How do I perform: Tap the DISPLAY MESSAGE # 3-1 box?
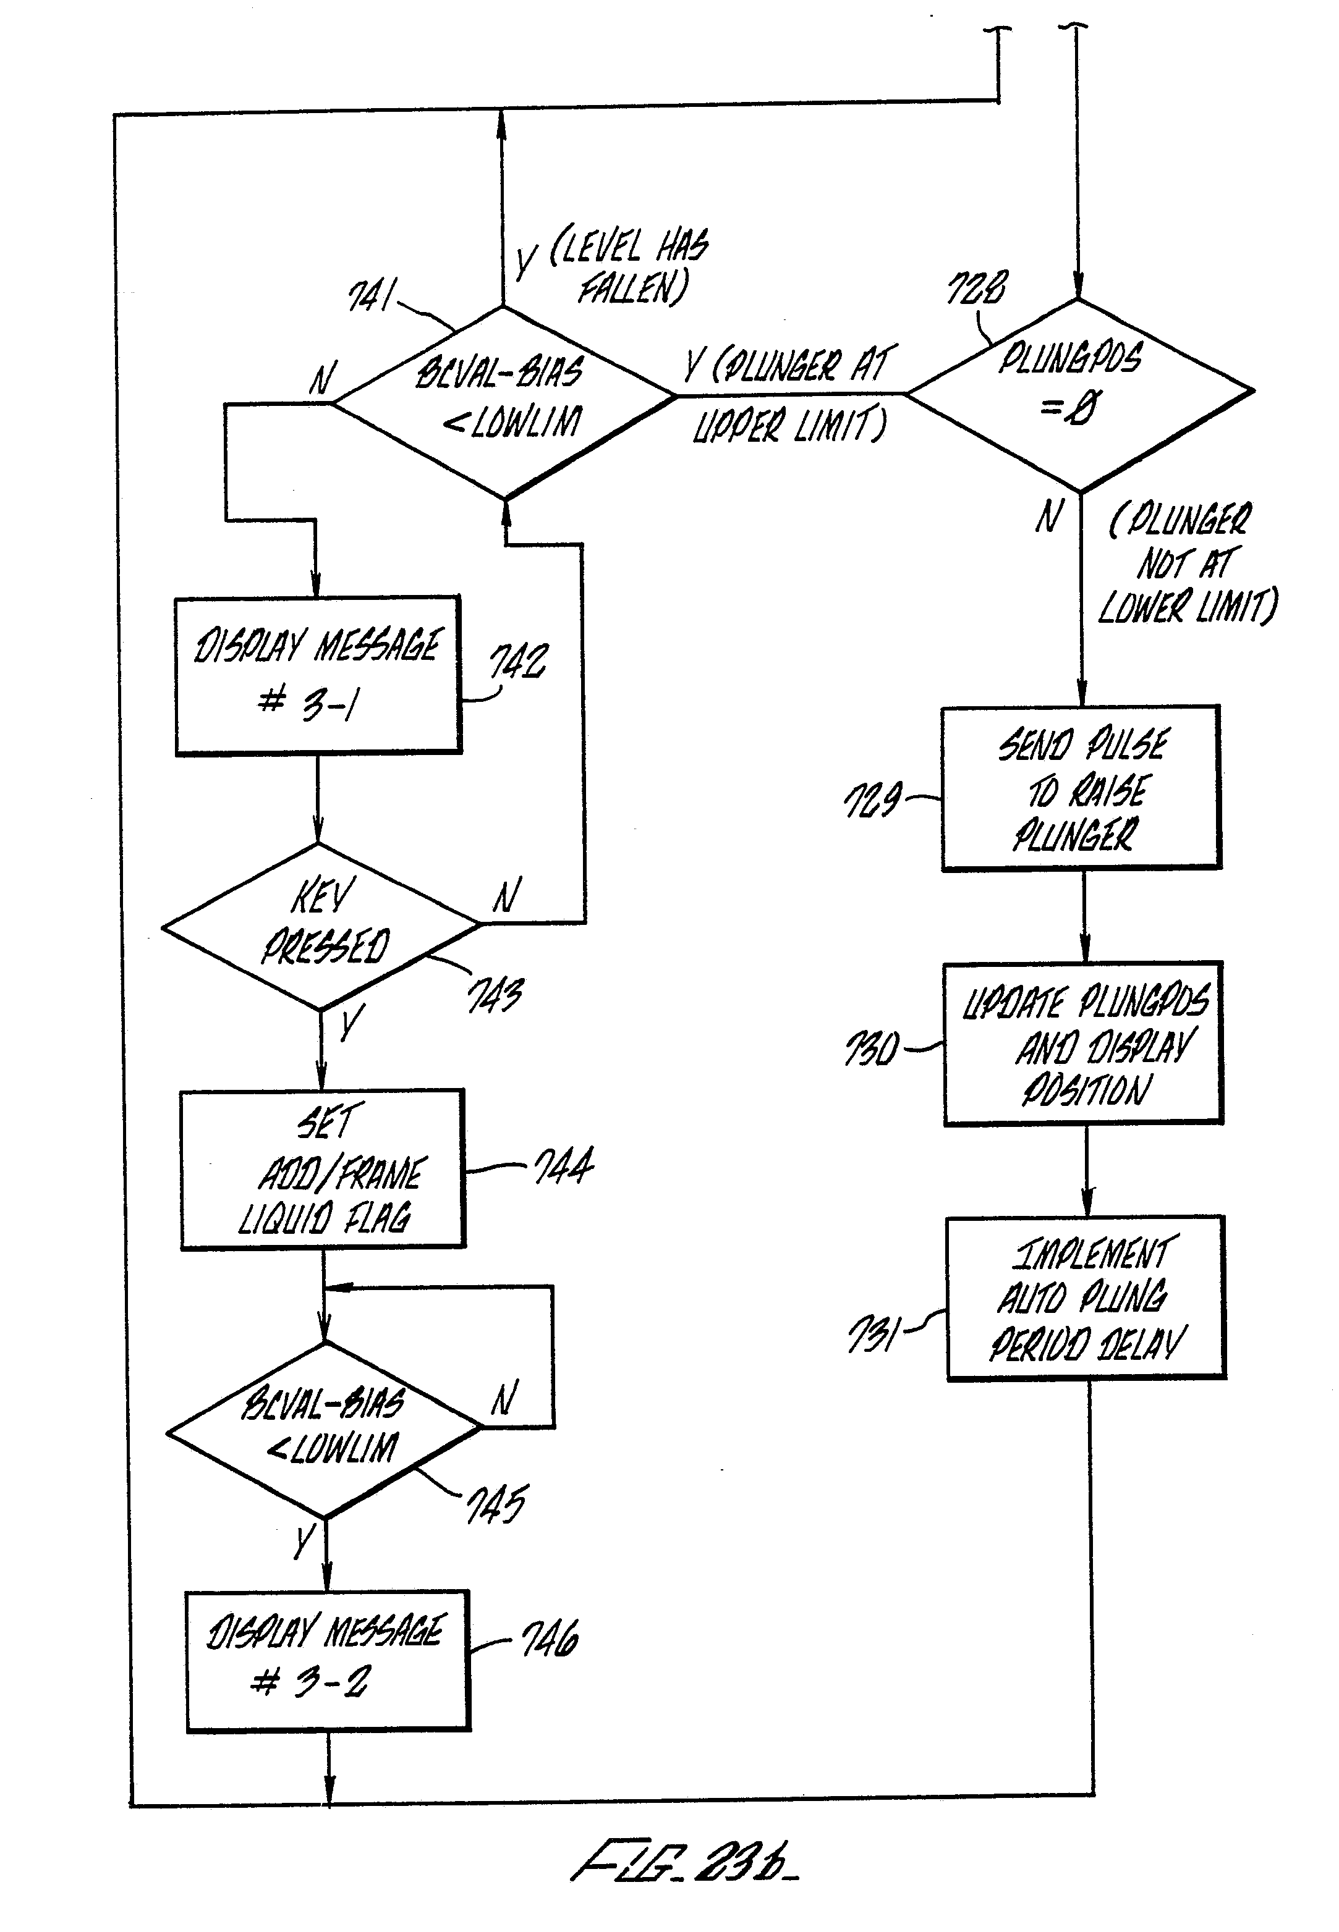click(318, 675)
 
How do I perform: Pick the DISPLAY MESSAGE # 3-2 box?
click(327, 1660)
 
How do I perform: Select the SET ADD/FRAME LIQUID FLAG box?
click(323, 1169)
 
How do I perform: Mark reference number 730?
click(872, 1049)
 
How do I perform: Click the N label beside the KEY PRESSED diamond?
click(507, 895)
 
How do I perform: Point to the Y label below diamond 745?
click(304, 1542)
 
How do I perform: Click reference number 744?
click(564, 1166)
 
